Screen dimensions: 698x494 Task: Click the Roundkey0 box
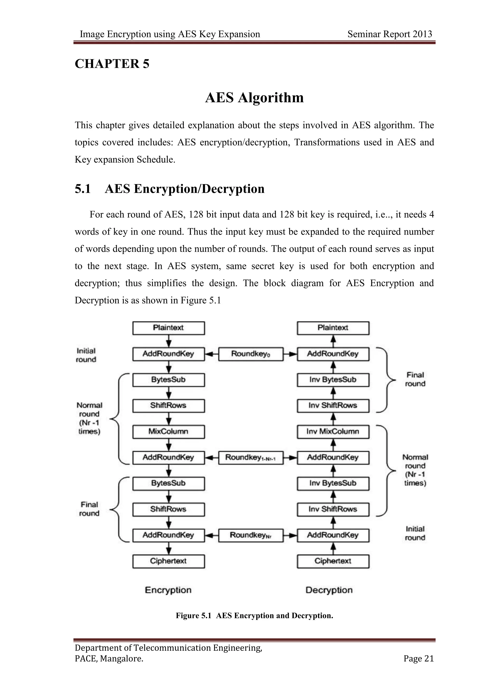click(x=251, y=354)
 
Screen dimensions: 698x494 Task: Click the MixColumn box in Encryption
click(x=169, y=431)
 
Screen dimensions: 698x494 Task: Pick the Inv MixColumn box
click(x=333, y=431)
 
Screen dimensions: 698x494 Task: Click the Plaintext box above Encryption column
click(x=169, y=328)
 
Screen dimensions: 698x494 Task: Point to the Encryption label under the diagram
click(x=168, y=590)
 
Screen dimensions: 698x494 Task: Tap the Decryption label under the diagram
click(x=329, y=590)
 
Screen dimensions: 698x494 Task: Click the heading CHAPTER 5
click(x=112, y=64)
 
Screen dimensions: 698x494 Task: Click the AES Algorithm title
click(x=254, y=98)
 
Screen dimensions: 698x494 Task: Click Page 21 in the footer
click(x=418, y=658)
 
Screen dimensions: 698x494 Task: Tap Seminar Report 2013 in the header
click(x=390, y=34)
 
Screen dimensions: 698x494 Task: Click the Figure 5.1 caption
click(x=254, y=616)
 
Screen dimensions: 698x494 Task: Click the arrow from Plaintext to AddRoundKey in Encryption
click(x=169, y=341)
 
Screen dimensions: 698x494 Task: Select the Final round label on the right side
click(x=415, y=379)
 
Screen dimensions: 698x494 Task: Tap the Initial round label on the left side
click(x=86, y=355)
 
